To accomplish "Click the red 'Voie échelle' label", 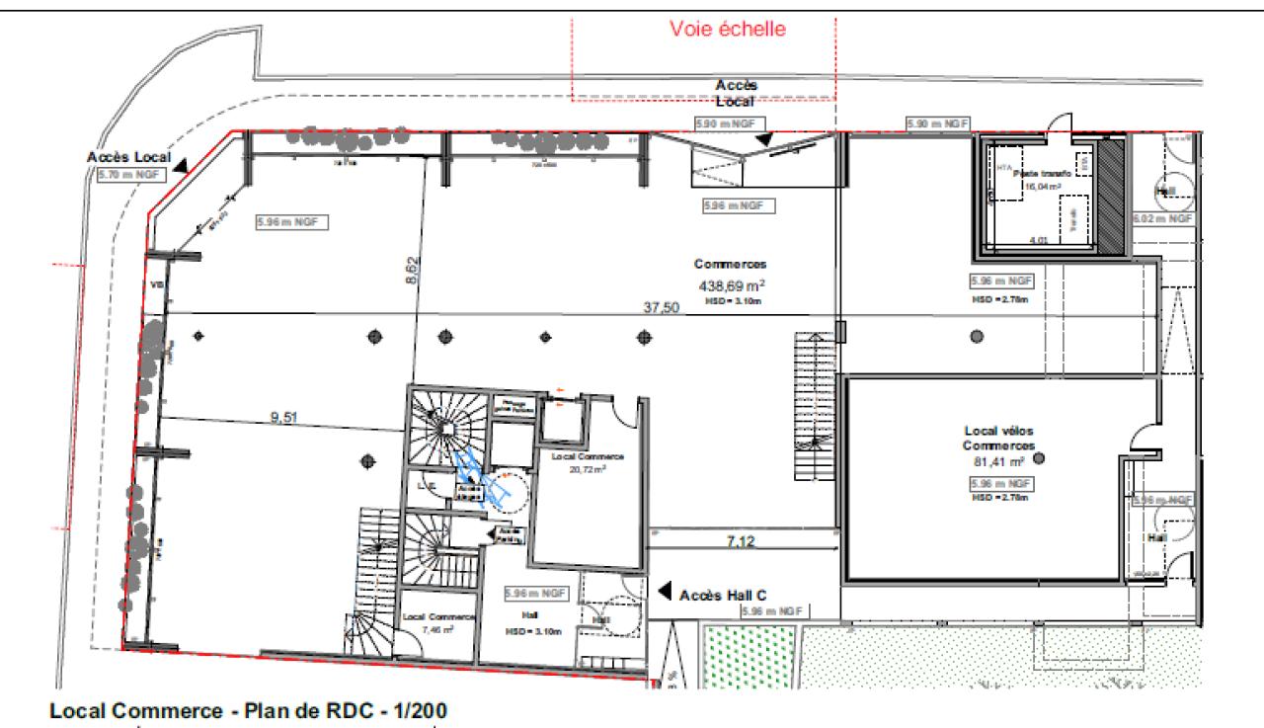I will pos(727,30).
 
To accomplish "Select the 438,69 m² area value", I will pos(730,283).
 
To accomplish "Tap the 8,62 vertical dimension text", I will pos(413,269).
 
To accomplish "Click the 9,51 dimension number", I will pos(283,417).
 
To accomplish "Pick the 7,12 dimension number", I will pos(742,541).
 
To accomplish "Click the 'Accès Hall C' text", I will pos(724,595).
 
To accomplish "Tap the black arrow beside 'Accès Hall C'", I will pos(665,593).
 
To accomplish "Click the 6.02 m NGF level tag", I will pos(1162,219).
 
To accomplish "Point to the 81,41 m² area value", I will pos(998,460).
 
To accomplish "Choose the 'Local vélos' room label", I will pos(998,432).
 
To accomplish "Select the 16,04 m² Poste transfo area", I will pos(1041,185).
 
